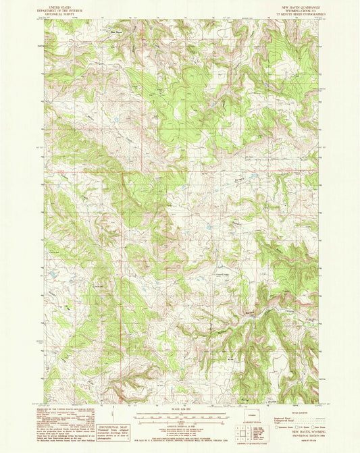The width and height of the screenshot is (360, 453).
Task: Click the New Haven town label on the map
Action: [116, 30]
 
